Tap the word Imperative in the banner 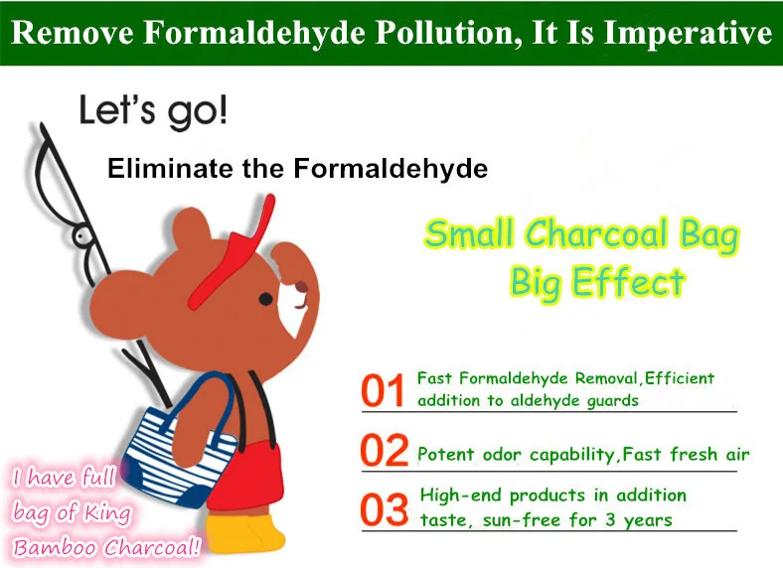pyautogui.click(x=688, y=34)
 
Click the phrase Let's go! pyautogui.click(x=153, y=112)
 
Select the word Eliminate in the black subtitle pyautogui.click(x=171, y=168)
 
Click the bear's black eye pyautogui.click(x=265, y=299)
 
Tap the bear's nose pyautogui.click(x=302, y=287)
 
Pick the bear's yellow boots pyautogui.click(x=244, y=533)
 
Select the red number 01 pyautogui.click(x=383, y=391)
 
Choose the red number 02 pyautogui.click(x=384, y=450)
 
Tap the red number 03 pyautogui.click(x=384, y=509)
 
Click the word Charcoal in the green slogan pyautogui.click(x=597, y=233)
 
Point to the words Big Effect pyautogui.click(x=597, y=282)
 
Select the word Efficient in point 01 pyautogui.click(x=679, y=379)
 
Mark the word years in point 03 pyautogui.click(x=648, y=520)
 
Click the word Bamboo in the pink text pyautogui.click(x=56, y=547)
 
